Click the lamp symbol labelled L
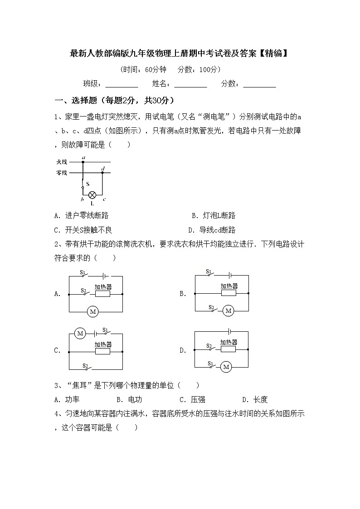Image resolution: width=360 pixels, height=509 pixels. point(92,194)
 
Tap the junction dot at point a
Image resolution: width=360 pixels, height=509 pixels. point(83,161)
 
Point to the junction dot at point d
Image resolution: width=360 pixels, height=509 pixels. point(102,172)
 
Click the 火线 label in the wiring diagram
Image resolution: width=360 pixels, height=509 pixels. point(62,162)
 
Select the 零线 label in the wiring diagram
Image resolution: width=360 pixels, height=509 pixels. point(62,173)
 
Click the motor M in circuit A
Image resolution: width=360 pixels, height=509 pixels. point(93,312)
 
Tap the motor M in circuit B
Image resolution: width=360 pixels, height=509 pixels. point(228,311)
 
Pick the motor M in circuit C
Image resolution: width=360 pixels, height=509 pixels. point(80,334)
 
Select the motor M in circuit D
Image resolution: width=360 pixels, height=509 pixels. point(226,366)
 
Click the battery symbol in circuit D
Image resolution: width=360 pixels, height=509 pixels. point(230,332)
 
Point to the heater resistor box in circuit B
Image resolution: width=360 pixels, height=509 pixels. point(229,293)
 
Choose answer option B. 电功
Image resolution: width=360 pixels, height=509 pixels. point(129,399)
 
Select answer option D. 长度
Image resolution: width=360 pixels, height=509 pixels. point(255,399)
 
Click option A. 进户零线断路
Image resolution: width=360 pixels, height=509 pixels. point(81,216)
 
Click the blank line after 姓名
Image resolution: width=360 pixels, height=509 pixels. point(190,84)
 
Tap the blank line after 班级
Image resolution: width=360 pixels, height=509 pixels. point(122,84)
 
